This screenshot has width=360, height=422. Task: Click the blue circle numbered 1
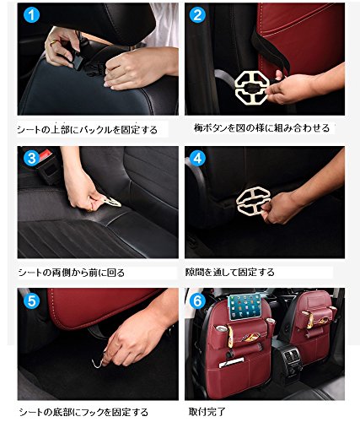(32, 15)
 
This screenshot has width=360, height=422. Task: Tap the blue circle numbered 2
(197, 15)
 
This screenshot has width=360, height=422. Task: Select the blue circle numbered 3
(31, 158)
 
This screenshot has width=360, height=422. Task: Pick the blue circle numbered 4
(197, 159)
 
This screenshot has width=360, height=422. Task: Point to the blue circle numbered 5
(31, 301)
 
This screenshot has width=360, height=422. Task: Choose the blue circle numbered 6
(197, 301)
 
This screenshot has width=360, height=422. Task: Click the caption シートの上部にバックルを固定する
(88, 130)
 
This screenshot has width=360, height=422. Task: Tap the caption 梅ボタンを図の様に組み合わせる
(261, 128)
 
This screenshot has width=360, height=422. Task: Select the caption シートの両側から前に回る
(72, 273)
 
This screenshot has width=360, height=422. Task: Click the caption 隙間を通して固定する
(230, 272)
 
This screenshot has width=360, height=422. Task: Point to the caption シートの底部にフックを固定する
(83, 412)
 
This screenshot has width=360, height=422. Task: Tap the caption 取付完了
(207, 412)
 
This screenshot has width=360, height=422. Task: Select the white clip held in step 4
(253, 200)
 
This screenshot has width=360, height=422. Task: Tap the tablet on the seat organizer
(243, 307)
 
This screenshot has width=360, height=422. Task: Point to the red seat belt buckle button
(46, 154)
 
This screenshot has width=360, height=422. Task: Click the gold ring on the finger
(53, 42)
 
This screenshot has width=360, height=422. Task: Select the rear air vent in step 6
(292, 356)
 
